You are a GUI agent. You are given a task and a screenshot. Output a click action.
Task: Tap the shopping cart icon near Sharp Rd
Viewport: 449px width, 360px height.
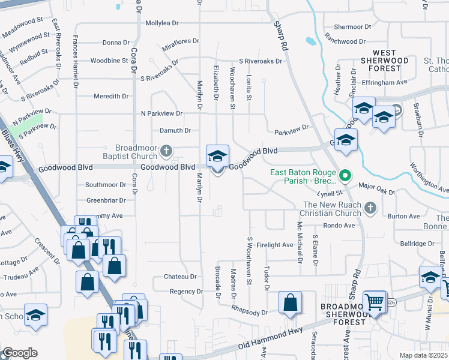375,302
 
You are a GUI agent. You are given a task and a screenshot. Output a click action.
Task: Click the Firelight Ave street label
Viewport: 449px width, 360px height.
274,245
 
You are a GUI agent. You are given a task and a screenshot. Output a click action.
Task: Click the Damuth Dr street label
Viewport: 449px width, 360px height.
175,130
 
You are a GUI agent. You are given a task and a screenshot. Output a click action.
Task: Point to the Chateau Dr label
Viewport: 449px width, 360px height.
180,277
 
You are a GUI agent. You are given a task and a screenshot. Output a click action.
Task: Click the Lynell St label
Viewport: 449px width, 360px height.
330,193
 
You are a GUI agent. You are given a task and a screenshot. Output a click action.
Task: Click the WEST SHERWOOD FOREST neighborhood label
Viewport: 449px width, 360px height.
384,61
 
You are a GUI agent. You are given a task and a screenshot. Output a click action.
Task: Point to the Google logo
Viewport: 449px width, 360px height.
20,353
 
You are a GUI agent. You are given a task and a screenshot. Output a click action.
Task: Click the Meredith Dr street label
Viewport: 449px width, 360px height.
111,96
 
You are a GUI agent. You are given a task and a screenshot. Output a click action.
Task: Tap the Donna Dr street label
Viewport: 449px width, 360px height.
116,43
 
